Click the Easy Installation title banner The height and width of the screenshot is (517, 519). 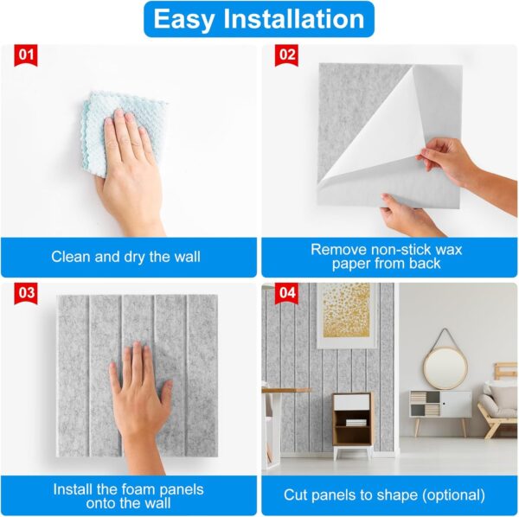pos(259,19)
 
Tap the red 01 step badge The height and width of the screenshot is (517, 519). pos(28,56)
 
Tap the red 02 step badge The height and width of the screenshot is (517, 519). pos(286,56)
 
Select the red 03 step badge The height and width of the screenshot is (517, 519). pos(28,293)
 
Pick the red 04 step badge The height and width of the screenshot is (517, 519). pos(286,293)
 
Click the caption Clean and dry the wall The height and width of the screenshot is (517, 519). pos(126,256)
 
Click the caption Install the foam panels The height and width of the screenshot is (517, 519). pos(126,495)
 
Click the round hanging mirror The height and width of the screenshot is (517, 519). pos(445,367)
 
